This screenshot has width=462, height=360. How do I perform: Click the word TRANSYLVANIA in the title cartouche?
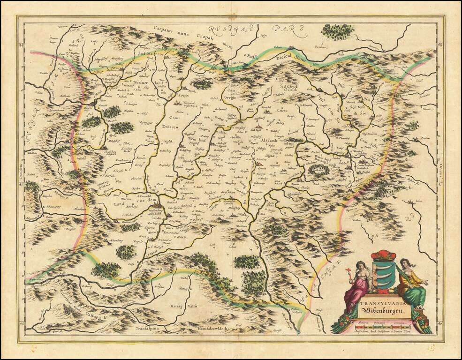380,303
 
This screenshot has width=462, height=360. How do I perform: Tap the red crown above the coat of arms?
383,255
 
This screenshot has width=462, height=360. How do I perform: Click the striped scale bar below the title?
380,323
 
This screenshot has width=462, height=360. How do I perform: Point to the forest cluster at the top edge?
337,31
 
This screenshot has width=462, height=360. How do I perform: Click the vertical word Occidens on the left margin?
20,178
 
